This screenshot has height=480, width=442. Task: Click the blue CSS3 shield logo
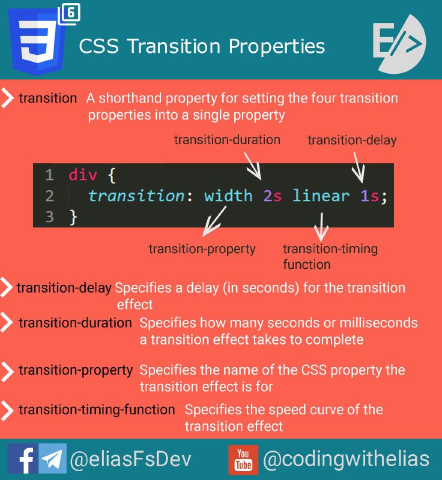coord(37,41)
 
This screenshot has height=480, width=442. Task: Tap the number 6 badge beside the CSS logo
coord(70,14)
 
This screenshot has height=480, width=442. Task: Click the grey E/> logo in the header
coord(399,44)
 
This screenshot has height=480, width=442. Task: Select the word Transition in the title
coord(174,46)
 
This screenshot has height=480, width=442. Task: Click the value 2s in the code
coord(272,196)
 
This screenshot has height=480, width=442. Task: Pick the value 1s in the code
coord(369,196)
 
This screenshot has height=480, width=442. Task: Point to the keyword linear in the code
coord(321,196)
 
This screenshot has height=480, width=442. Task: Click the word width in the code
coord(228,196)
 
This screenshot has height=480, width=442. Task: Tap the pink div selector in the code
coord(83,175)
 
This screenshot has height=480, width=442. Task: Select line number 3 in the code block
coord(49,217)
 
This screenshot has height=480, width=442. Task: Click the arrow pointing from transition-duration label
coord(253,166)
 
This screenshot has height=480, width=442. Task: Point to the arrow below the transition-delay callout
coord(359,168)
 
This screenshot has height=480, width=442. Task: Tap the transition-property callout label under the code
coord(202,249)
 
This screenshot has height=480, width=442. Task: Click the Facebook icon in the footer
coord(23,458)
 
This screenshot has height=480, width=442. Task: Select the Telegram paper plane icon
coord(52,458)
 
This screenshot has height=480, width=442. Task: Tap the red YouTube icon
coord(243,460)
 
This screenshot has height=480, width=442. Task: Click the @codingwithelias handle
coord(346,459)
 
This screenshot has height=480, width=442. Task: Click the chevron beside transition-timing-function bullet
coord(7,410)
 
